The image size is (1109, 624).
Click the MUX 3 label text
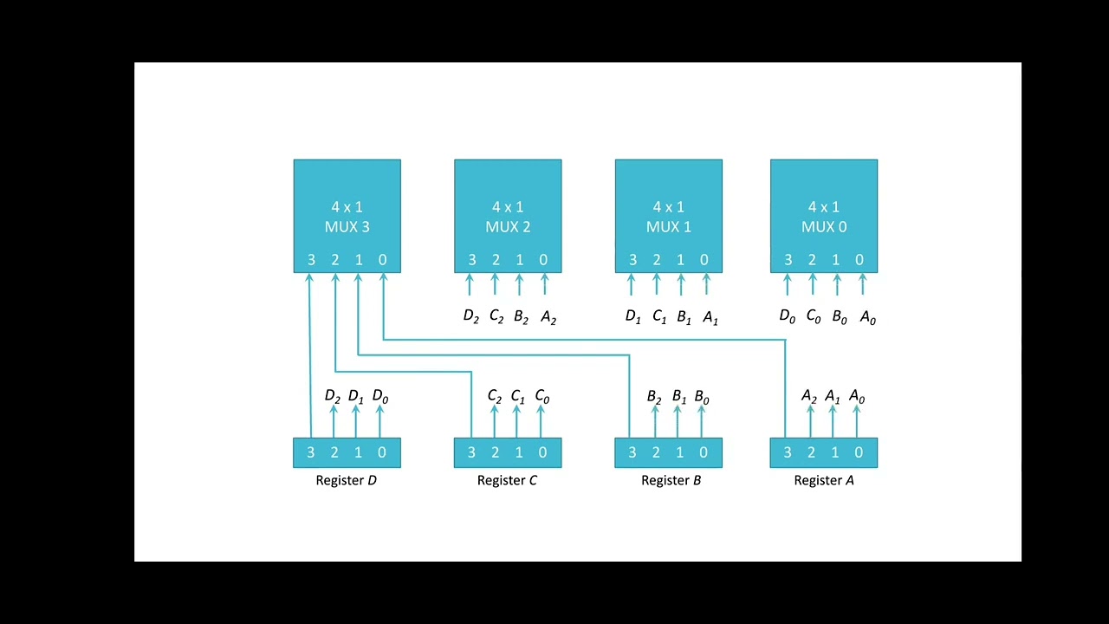coord(347,227)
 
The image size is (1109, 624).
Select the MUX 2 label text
coord(508,227)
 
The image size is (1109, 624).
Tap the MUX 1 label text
coord(668,227)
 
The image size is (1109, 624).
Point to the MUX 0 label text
coord(824,227)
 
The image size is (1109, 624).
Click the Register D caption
coord(347,480)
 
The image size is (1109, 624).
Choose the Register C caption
coord(507,480)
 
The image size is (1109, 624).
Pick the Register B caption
coord(671,480)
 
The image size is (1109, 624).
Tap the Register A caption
coord(824,480)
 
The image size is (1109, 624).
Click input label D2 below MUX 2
coord(471,317)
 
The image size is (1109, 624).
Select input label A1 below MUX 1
coord(710,318)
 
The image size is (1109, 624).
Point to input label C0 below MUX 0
coord(813,317)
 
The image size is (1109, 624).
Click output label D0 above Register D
coord(379,397)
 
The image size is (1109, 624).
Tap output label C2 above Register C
coord(494,397)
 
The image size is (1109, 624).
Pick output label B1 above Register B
coord(679,398)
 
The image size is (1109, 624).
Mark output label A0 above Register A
coord(856,397)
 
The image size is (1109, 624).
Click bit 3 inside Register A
coord(787,452)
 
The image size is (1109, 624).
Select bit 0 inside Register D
coord(381,452)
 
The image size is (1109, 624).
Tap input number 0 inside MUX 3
coord(382,260)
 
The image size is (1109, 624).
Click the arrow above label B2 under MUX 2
coord(520,285)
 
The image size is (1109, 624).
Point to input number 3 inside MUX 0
coord(788,260)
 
